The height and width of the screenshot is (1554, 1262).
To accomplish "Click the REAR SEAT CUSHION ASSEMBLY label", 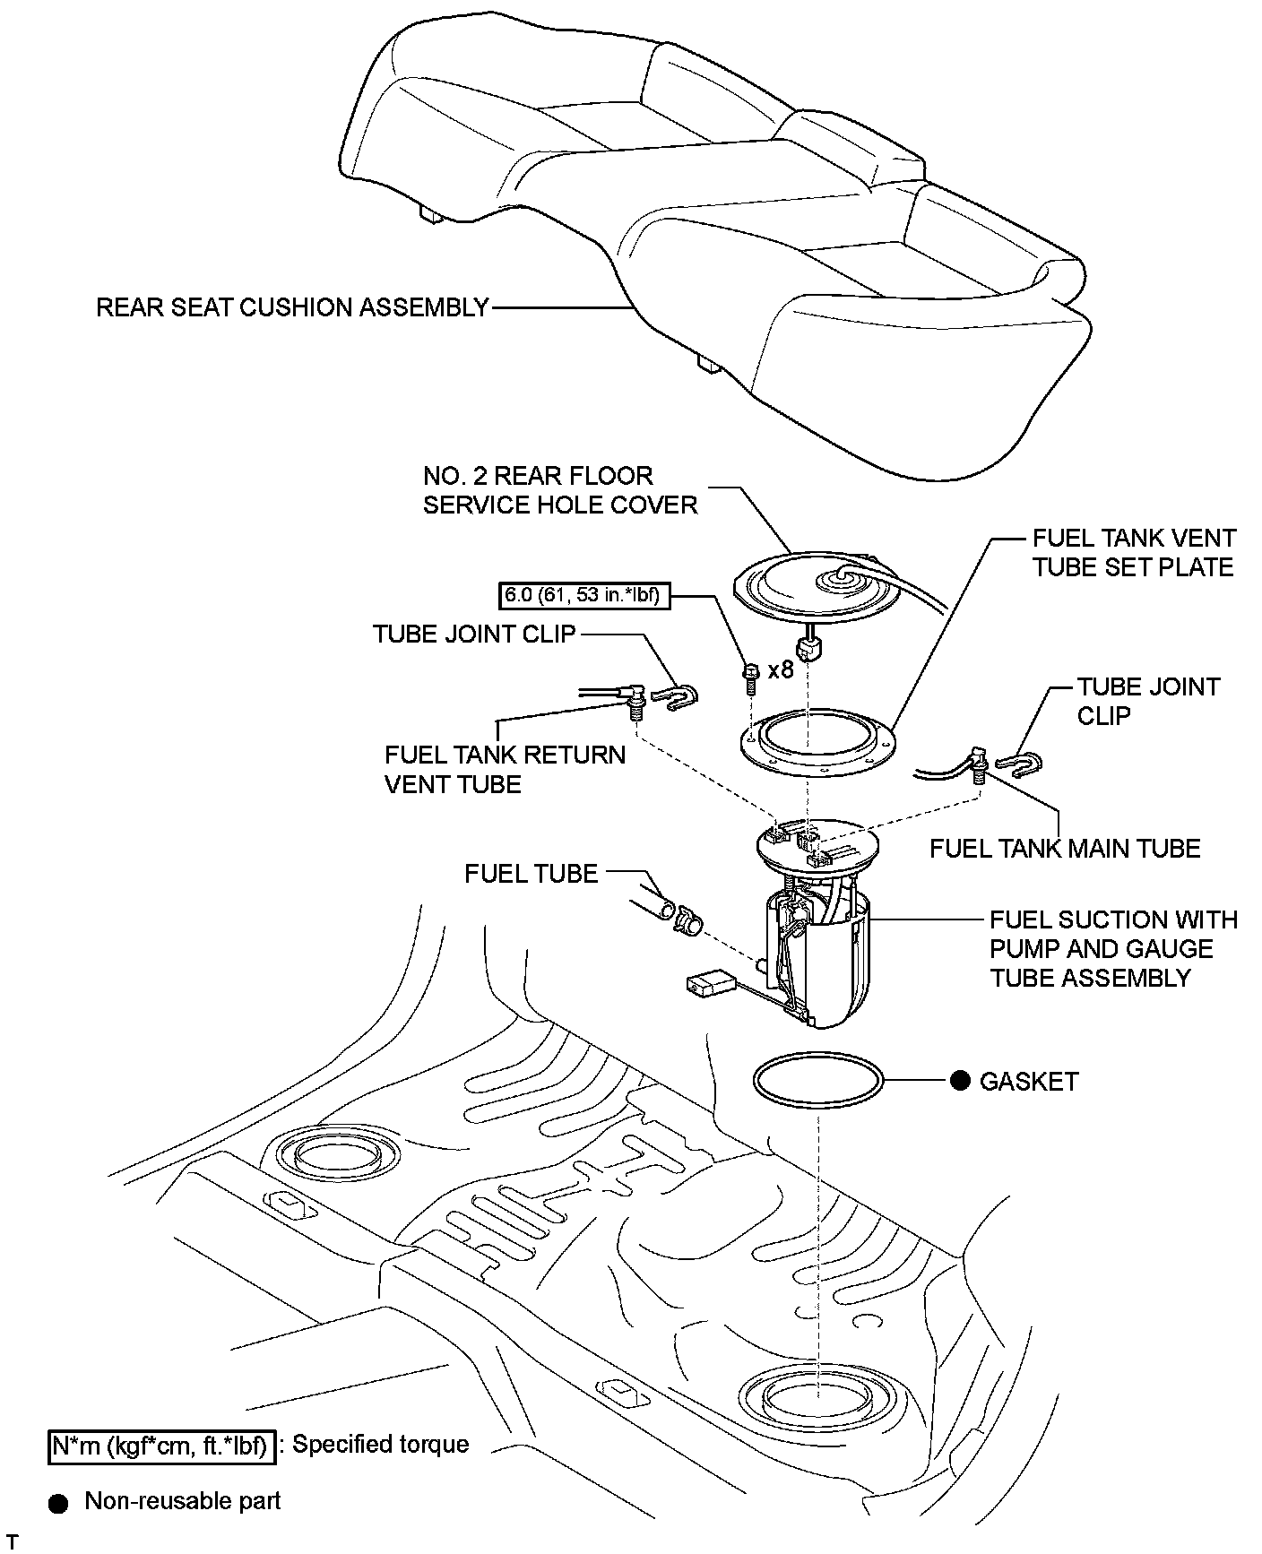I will (292, 307).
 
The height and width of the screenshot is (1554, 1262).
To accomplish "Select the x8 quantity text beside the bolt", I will (781, 669).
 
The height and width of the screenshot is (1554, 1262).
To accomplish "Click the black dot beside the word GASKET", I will (960, 1082).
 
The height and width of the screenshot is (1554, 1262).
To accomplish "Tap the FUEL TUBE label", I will (531, 874).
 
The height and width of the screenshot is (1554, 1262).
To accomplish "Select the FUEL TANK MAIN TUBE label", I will (1065, 848).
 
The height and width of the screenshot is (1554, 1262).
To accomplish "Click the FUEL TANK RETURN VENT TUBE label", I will (505, 769).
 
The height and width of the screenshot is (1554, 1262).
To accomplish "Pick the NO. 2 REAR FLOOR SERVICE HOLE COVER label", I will (560, 490).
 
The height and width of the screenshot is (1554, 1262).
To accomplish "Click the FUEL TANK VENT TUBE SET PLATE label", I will (1133, 552).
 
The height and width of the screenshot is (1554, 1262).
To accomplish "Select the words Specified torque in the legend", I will (381, 1445).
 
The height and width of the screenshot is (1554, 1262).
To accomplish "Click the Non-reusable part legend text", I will (183, 1501).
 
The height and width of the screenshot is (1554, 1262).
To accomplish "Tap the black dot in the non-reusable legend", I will (59, 1503).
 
